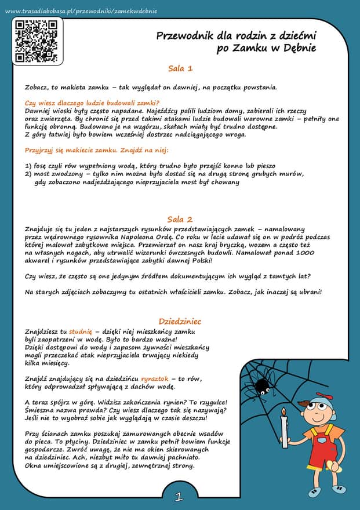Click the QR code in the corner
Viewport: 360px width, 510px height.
(36, 39)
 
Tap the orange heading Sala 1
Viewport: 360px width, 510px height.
(180, 68)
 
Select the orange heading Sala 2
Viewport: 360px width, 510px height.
(180, 219)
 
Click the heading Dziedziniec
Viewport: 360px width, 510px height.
(180, 320)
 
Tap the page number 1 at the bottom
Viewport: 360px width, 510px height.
(179, 497)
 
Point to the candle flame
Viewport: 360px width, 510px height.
(284, 413)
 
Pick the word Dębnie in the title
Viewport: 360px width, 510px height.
(299, 48)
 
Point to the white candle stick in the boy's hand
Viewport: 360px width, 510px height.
(284, 429)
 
